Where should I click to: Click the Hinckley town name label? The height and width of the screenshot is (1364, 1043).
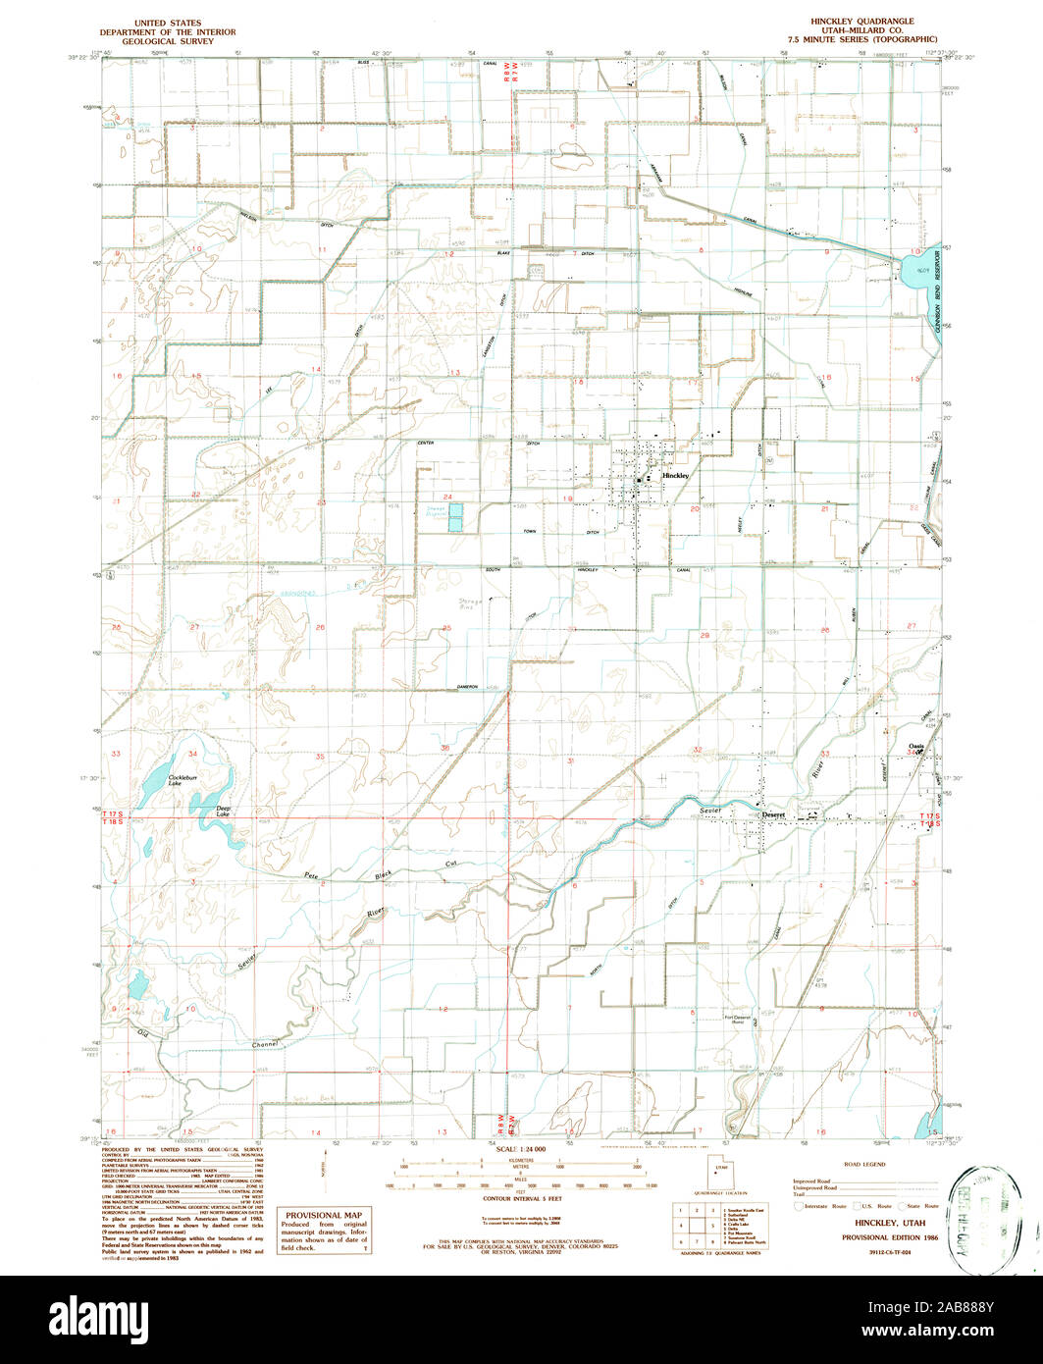(676, 475)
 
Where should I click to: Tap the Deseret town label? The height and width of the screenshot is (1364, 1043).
(775, 815)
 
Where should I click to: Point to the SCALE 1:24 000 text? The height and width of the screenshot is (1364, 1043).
(522, 1149)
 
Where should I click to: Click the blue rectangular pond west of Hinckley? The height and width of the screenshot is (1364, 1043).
(455, 521)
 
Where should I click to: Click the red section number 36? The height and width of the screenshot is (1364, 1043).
(445, 749)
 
